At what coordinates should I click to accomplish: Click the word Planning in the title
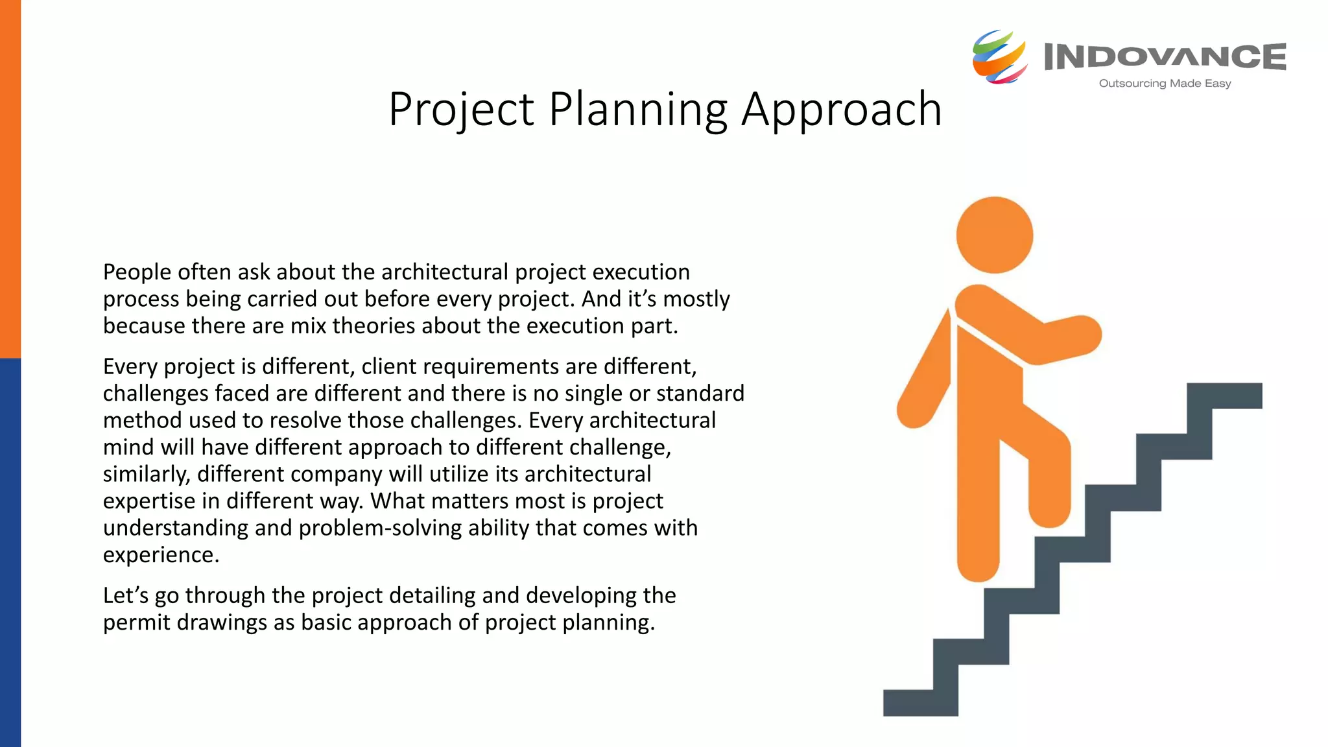(x=638, y=109)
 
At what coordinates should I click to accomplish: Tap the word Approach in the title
(x=841, y=109)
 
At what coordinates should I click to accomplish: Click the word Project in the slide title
(x=461, y=109)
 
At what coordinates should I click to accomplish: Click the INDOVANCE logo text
(x=1165, y=57)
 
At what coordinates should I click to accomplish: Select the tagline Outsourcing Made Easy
(x=1165, y=84)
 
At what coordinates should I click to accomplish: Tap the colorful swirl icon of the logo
(x=999, y=57)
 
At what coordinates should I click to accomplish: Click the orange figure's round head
(x=994, y=235)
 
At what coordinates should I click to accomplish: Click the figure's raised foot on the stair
(x=1049, y=512)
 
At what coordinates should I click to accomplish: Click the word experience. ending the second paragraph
(x=161, y=555)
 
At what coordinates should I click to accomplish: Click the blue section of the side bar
(x=10, y=551)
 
